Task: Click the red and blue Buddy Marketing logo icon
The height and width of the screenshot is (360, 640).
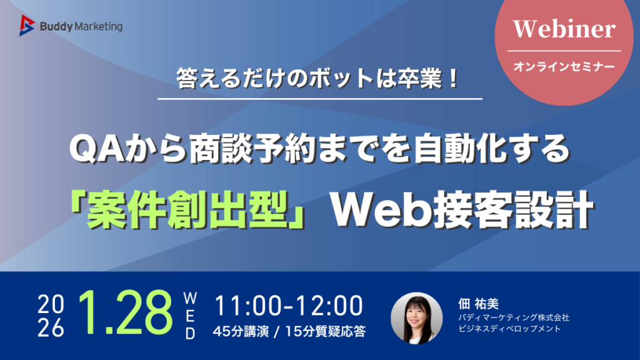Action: coord(27,25)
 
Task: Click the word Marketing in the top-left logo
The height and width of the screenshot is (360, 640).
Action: coord(99,27)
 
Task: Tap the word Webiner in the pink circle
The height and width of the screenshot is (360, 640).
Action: coord(564,29)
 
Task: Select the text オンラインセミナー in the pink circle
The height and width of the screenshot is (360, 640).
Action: coord(564,66)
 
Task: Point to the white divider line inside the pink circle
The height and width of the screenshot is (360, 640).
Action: coord(564,51)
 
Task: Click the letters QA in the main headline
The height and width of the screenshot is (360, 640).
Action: coord(97,149)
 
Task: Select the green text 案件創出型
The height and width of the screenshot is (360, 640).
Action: coord(188,209)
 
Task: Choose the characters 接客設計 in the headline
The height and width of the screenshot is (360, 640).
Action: coord(512,210)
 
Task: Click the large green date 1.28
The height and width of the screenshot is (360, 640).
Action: coord(125,313)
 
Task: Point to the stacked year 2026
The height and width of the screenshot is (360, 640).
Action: coord(51,316)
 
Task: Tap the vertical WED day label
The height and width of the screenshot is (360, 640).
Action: coord(190,316)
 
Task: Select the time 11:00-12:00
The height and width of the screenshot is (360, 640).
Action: coord(289,306)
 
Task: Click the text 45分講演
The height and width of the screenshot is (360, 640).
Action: coord(241,331)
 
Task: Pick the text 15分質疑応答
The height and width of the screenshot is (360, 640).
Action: coord(325,331)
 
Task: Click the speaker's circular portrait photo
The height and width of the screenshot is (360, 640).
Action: coord(417,318)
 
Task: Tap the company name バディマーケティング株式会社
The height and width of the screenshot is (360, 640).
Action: coord(514,317)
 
